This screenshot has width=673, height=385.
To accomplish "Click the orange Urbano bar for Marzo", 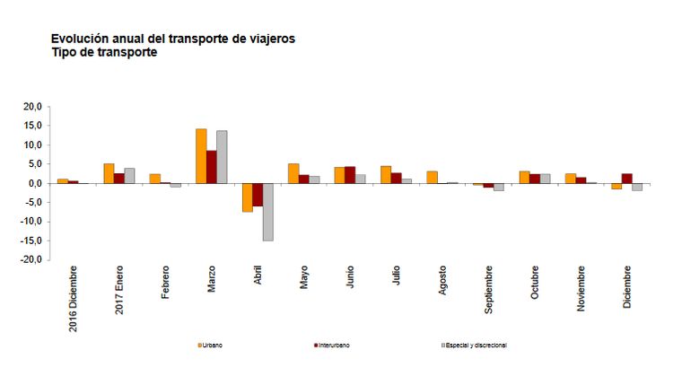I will (x=201, y=156).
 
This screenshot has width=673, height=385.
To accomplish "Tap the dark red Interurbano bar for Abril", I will (x=258, y=195).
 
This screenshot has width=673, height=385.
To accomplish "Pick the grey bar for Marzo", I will (x=222, y=157).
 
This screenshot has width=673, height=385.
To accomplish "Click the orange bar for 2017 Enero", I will (x=109, y=173).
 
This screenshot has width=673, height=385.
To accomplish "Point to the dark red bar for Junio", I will (x=350, y=175).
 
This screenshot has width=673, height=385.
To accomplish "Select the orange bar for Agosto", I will (x=432, y=177).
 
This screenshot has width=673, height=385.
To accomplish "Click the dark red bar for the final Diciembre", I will (x=626, y=179).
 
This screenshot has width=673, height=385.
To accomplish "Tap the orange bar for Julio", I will (x=386, y=175).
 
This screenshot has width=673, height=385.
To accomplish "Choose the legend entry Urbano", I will (x=212, y=345).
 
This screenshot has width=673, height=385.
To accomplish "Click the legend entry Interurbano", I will (x=333, y=345).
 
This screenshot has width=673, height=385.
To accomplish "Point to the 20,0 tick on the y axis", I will (x=33, y=107).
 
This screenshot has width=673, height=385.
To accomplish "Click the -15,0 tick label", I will (x=32, y=241).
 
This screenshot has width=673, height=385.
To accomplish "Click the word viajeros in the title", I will (x=267, y=39).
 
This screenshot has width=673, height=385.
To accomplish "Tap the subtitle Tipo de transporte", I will (x=104, y=53).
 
